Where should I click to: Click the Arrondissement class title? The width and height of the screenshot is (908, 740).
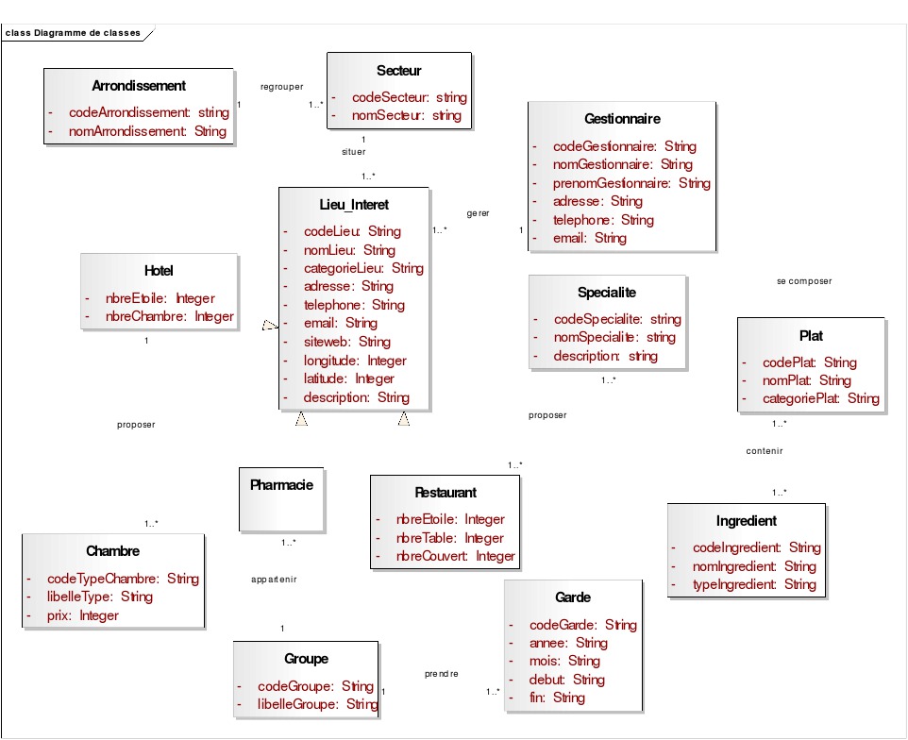coord(139,86)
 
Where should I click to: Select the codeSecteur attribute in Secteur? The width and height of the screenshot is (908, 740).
coord(409,97)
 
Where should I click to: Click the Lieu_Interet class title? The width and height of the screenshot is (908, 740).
coord(347,205)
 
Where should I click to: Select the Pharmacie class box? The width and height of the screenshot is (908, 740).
coord(281,499)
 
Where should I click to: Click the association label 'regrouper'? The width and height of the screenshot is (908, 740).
coord(282,86)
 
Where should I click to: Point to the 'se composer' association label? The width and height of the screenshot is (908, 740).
coord(804,281)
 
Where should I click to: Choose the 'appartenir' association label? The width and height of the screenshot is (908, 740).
coord(274,580)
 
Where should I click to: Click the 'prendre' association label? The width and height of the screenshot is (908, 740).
coord(442,674)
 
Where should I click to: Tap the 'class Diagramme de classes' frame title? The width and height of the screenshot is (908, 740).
coord(73,33)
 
